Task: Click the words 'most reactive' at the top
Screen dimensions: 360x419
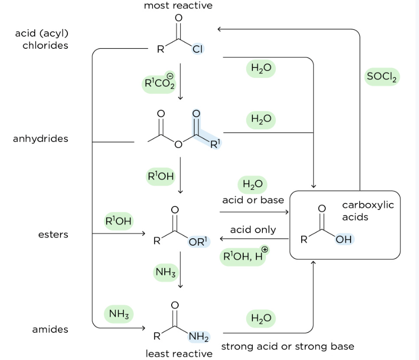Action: click(x=178, y=6)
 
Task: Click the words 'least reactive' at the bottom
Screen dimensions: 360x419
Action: click(x=179, y=354)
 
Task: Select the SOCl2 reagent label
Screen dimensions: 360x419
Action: click(x=382, y=77)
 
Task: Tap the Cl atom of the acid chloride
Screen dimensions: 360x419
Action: click(x=197, y=49)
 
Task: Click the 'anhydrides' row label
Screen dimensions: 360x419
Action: click(x=40, y=138)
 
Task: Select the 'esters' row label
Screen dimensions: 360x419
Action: click(x=53, y=235)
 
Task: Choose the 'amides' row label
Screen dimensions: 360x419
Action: click(x=50, y=330)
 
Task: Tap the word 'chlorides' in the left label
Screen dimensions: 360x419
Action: click(x=45, y=45)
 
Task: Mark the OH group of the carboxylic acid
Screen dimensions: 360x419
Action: click(x=344, y=240)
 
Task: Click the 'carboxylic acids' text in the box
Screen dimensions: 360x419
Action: click(x=368, y=211)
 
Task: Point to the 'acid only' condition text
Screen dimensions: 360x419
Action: click(x=253, y=230)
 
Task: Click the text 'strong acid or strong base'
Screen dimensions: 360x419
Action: click(x=288, y=346)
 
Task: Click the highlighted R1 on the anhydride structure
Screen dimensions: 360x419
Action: click(x=215, y=145)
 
